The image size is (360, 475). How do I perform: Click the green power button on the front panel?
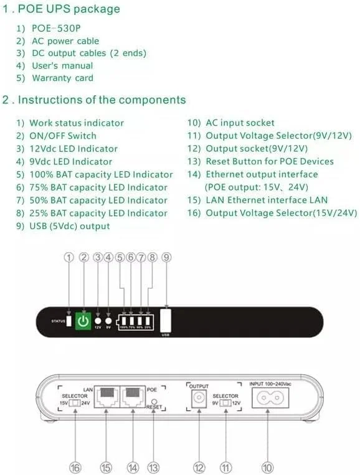point(83,321)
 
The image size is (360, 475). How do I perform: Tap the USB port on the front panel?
point(166,320)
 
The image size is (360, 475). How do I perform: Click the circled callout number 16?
point(75,468)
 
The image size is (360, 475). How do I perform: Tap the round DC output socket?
point(199,398)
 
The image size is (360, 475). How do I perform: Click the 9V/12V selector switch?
point(226,403)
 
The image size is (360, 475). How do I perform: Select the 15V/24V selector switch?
point(75,403)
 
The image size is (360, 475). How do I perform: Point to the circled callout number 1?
point(69,257)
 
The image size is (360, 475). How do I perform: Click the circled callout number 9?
point(166,257)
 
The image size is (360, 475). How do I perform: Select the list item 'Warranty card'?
point(62,78)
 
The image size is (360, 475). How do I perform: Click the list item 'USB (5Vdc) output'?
point(69,226)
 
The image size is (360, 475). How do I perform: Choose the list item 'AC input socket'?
point(239,123)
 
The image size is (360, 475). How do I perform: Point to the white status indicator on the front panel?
point(69,321)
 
